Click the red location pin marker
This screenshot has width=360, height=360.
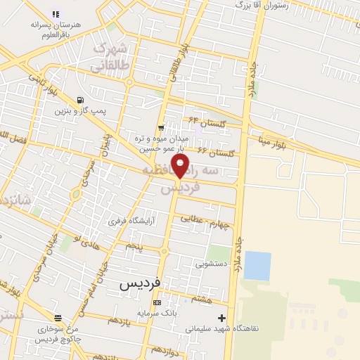point(181,166)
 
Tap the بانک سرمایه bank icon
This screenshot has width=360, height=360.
point(157,303)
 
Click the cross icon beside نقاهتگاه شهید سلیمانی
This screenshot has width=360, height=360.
point(222,318)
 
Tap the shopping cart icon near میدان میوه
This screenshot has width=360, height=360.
point(162,127)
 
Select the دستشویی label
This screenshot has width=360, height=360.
point(211,264)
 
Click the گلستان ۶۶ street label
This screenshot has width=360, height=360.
point(214,151)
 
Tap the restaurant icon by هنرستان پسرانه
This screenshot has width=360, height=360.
point(56,14)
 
